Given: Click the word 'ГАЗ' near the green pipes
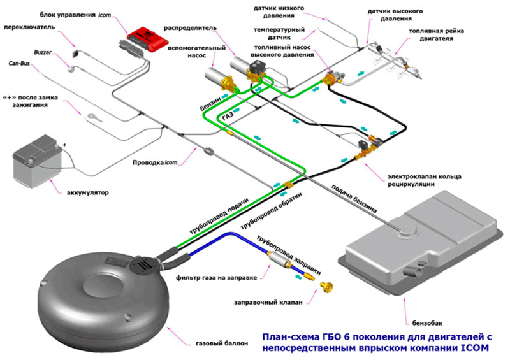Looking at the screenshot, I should point(228,117).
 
